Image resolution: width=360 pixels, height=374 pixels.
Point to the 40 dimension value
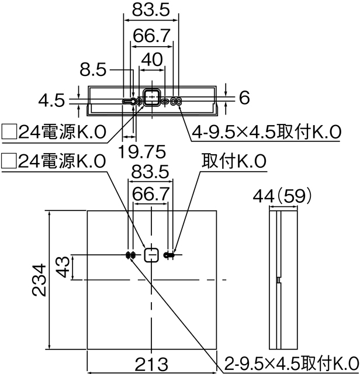click(x=151, y=60)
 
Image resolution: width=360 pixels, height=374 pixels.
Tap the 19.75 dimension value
click(x=141, y=151)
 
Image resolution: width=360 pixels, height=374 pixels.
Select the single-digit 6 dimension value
click(x=244, y=98)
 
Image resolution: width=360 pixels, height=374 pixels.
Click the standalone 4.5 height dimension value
click(x=51, y=101)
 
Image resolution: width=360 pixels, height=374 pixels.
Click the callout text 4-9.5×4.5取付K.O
click(x=266, y=133)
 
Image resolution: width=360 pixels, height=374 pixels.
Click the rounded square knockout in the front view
click(x=151, y=255)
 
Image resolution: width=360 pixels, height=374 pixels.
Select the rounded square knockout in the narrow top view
click(x=151, y=98)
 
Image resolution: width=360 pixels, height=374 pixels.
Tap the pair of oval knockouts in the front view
click(x=129, y=255)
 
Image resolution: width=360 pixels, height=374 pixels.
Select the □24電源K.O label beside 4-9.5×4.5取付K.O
click(x=54, y=133)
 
